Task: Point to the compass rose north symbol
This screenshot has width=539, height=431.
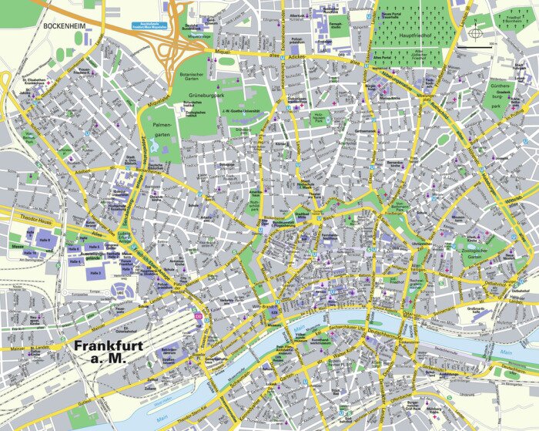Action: [476, 34]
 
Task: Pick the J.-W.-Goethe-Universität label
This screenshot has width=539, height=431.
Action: [245, 111]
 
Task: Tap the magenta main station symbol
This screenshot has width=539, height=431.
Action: [198, 317]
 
